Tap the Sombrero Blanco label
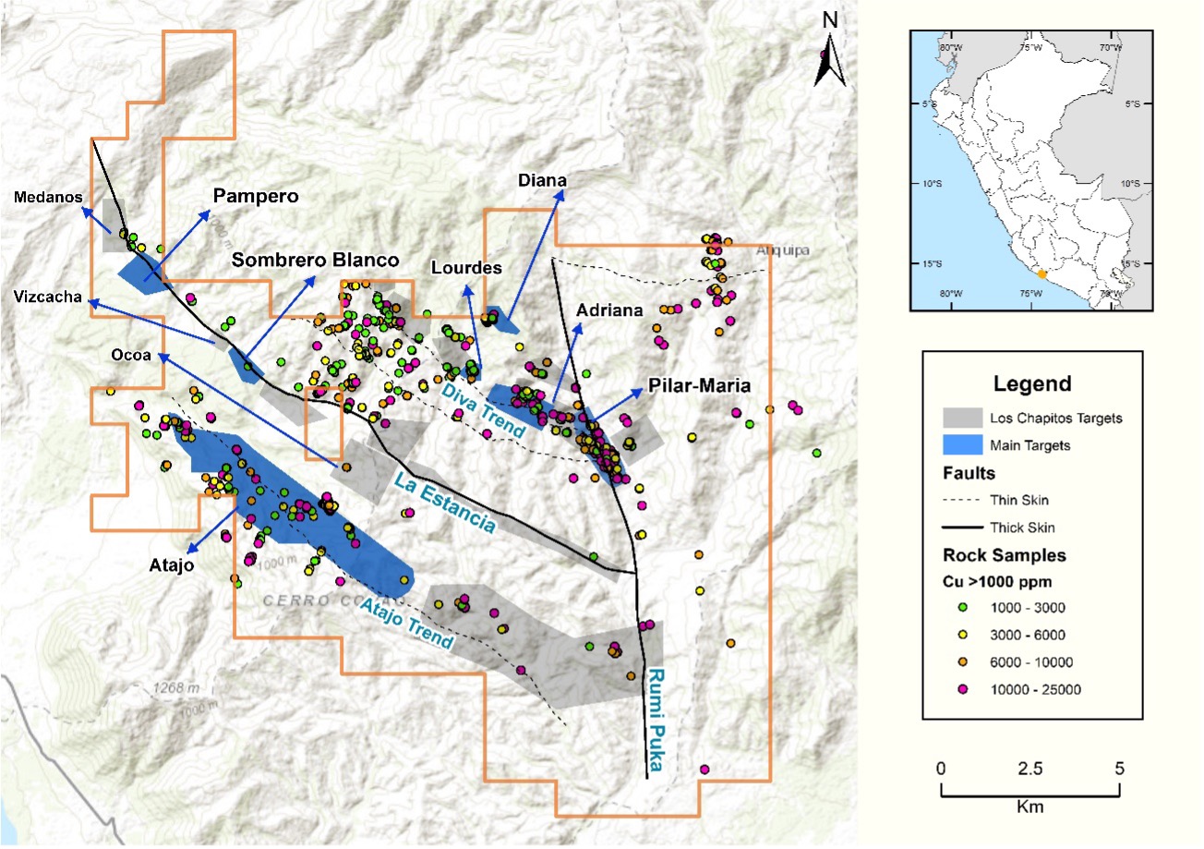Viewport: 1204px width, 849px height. (316, 260)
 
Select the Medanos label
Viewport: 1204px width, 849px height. (48, 197)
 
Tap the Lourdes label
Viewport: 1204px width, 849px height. (466, 268)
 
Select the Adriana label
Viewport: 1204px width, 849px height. (608, 311)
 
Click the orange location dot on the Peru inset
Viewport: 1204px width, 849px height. (1041, 273)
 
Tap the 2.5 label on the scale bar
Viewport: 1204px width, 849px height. (1029, 769)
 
